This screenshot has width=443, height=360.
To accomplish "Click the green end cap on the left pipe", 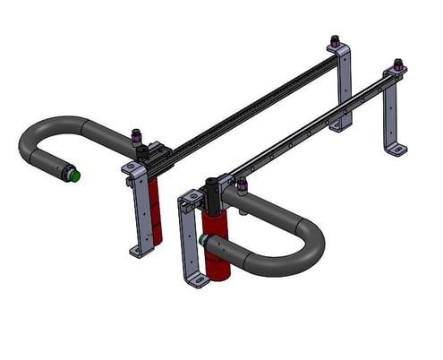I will (75, 176).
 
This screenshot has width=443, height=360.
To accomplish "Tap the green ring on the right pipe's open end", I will (205, 239).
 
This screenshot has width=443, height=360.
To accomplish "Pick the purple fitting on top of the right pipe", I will (243, 185).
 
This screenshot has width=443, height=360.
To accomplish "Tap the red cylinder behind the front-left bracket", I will (156, 210).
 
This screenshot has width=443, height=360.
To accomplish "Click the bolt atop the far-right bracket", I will (397, 65).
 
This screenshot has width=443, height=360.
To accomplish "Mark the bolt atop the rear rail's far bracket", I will (335, 41).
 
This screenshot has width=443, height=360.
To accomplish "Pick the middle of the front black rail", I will (304, 125).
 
